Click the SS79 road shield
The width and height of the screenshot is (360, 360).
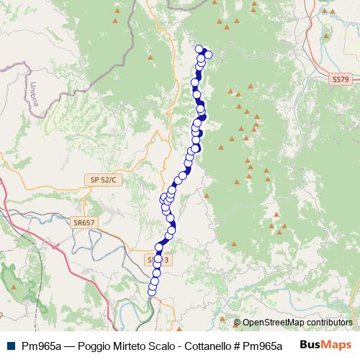341,78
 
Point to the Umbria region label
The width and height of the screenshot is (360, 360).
34,94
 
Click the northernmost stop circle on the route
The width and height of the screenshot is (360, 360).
199,49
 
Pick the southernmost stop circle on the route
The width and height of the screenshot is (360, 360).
151,291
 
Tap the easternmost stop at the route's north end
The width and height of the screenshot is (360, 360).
209,56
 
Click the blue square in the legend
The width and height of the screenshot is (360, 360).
10,345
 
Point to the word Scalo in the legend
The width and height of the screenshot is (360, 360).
153,345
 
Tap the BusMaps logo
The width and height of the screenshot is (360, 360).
326,344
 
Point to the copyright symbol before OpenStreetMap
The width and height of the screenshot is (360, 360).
237,323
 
